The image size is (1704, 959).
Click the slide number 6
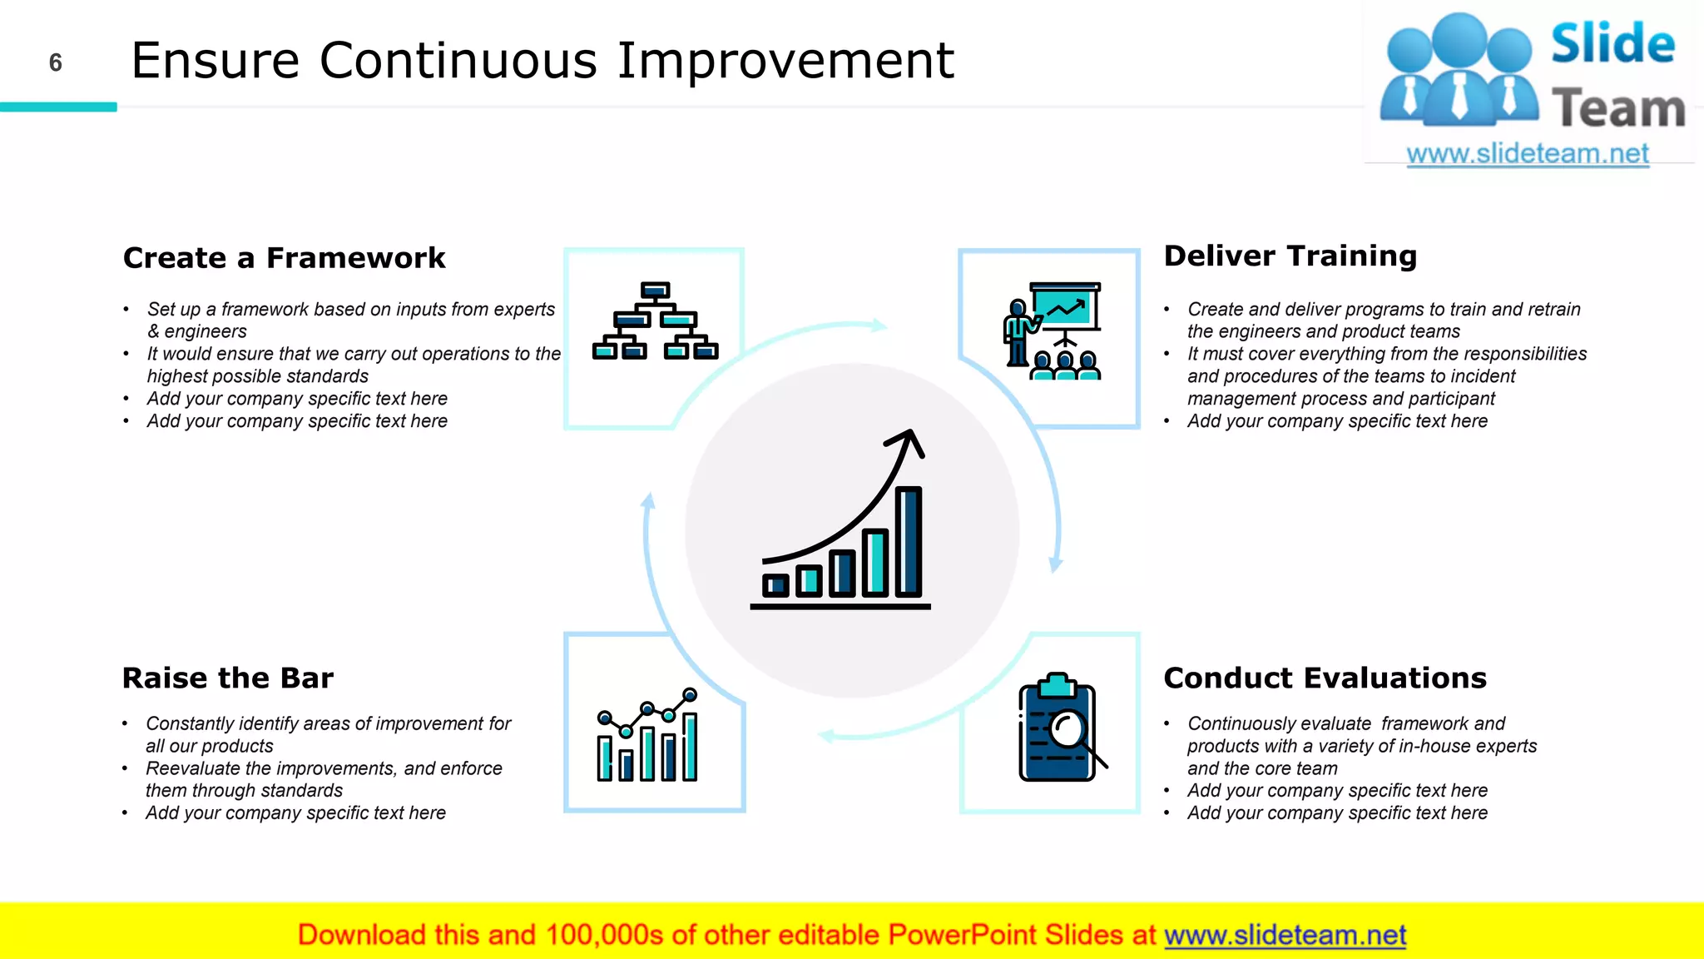click(x=56, y=62)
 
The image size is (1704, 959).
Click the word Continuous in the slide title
click(x=458, y=60)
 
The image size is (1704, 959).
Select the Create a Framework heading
click(x=284, y=258)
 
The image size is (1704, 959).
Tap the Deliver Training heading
click(x=1290, y=256)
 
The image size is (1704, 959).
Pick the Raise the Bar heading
click(x=227, y=678)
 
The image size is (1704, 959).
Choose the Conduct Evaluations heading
click(x=1325, y=678)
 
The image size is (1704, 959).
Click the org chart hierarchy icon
click(x=655, y=321)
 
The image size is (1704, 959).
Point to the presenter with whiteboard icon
click(x=1053, y=331)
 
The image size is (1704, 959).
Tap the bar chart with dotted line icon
click(x=647, y=735)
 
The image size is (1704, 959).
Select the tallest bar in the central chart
click(x=909, y=541)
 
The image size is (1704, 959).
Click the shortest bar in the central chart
click(x=775, y=585)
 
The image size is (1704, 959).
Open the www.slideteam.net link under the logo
click(x=1527, y=153)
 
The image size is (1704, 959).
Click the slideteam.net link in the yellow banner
click(x=1285, y=935)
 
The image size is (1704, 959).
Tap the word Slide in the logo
click(x=1612, y=44)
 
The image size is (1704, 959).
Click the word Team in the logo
click(x=1618, y=109)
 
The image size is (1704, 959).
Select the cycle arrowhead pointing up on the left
click(x=649, y=501)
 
